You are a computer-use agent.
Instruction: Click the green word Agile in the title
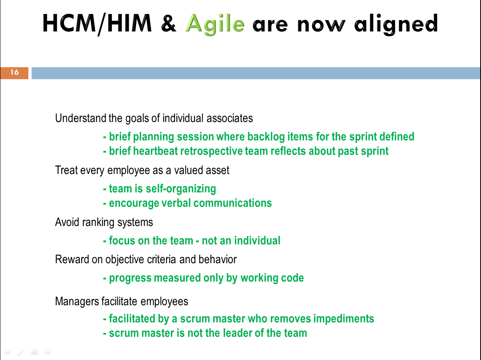[215, 24]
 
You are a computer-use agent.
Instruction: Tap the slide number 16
[14, 72]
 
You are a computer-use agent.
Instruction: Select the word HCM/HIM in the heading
[97, 24]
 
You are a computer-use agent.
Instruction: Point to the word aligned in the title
[396, 24]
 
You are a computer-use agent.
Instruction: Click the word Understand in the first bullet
[80, 118]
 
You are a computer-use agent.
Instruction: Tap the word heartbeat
[156, 151]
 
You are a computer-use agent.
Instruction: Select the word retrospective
[211, 151]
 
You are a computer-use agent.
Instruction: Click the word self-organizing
[181, 189]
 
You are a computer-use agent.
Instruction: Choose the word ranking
[98, 222]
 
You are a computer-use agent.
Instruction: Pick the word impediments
[343, 318]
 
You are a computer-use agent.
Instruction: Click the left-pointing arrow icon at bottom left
[8, 352]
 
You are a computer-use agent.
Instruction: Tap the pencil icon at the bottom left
[21, 352]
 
